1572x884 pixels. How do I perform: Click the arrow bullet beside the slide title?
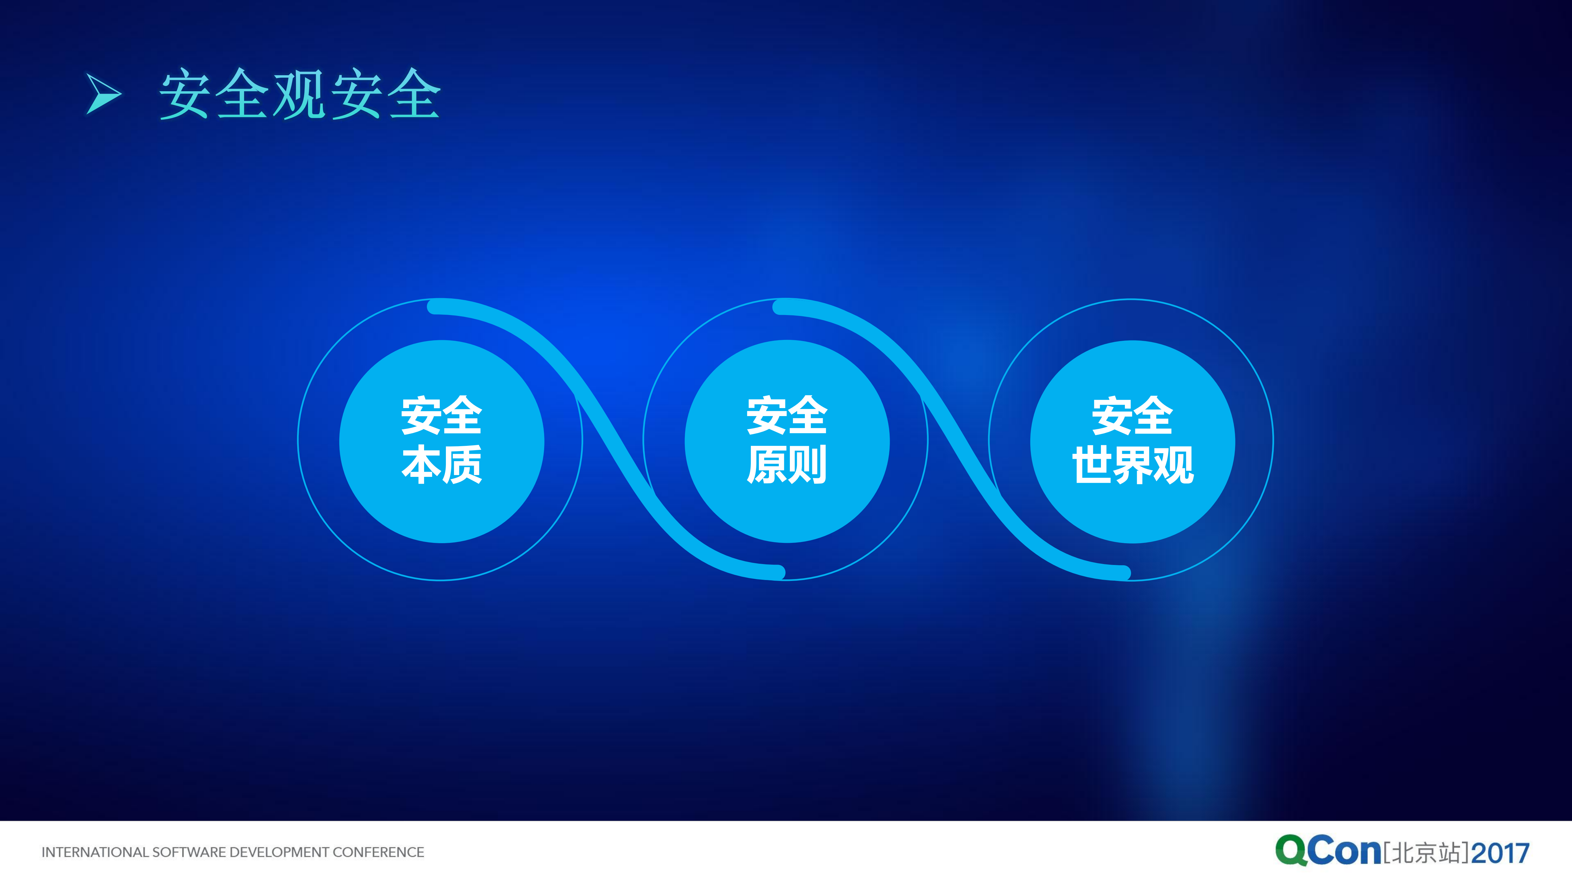click(x=103, y=94)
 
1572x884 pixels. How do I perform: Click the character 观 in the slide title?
click(x=299, y=94)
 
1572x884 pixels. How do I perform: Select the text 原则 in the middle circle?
click(x=786, y=465)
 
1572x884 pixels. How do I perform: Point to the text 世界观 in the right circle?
click(x=1133, y=465)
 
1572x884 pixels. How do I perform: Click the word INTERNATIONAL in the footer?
click(x=95, y=852)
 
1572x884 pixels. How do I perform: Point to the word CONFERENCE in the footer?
click(x=378, y=852)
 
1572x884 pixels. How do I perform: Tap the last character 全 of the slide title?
click(x=414, y=94)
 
